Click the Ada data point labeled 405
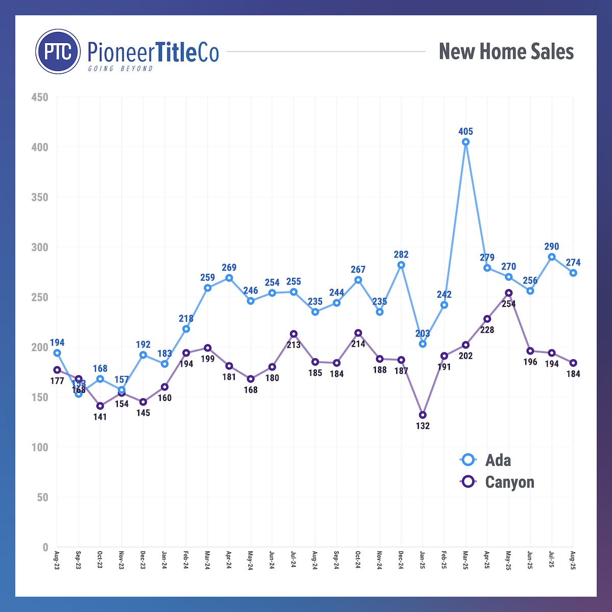pos(466,142)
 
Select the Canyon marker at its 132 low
pos(423,415)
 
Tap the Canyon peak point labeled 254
pos(508,293)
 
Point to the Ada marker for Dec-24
pos(401,265)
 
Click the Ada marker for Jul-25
pos(552,257)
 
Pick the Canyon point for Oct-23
pos(100,406)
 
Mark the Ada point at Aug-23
pos(57,353)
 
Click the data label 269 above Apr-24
pos(229,268)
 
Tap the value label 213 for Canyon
pos(294,345)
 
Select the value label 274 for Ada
pos(573,263)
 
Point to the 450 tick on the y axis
pos(39,97)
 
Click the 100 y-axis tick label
pos(39,447)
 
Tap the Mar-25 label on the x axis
pos(466,560)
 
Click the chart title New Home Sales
pos(506,52)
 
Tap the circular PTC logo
pos(58,52)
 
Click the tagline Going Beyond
pos(120,68)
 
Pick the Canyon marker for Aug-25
pos(573,363)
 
